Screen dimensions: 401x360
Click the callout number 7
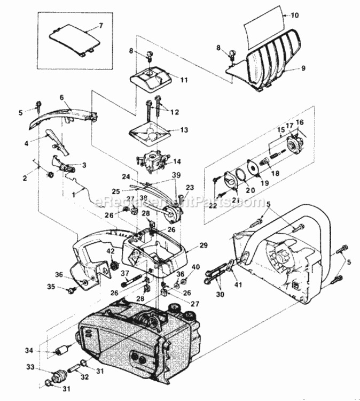(101, 26)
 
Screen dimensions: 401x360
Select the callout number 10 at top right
(295, 16)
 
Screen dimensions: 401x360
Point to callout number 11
(184, 80)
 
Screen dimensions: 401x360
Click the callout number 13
(184, 130)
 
